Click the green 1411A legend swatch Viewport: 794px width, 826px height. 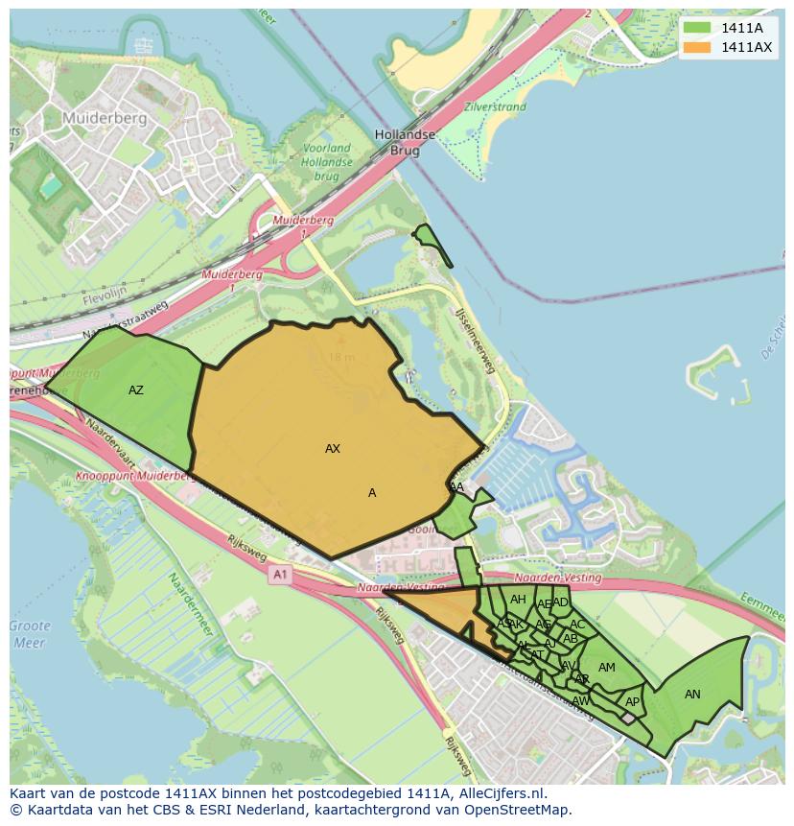click(697, 28)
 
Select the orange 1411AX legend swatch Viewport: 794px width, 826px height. click(697, 47)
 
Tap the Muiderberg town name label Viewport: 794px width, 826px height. click(104, 118)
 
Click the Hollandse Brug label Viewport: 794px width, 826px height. click(405, 143)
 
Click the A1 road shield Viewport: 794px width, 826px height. click(280, 575)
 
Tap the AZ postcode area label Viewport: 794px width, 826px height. click(136, 389)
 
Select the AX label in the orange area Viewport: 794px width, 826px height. click(333, 448)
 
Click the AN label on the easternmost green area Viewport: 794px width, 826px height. click(692, 695)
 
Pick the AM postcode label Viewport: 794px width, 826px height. click(607, 668)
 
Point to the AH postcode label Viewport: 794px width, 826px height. click(518, 600)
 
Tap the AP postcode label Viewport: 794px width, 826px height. click(632, 702)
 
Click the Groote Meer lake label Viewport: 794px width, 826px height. click(30, 634)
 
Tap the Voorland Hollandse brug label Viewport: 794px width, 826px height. click(326, 162)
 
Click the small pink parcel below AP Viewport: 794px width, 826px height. click(628, 718)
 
